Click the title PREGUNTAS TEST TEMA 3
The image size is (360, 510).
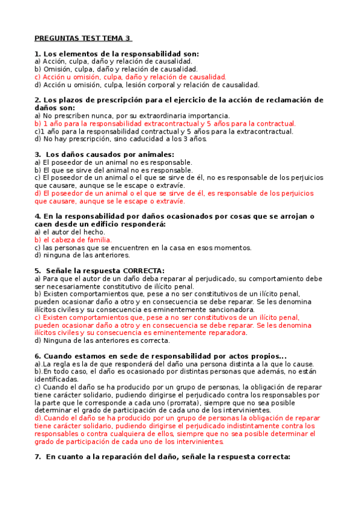[82, 38]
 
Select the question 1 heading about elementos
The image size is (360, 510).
[117, 54]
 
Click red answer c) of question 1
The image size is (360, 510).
[130, 77]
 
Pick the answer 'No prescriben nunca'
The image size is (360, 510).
[132, 115]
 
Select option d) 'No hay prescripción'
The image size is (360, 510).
[120, 139]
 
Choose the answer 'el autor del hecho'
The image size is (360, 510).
[70, 232]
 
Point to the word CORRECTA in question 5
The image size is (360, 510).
[142, 271]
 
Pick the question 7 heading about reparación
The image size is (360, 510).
[162, 457]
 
